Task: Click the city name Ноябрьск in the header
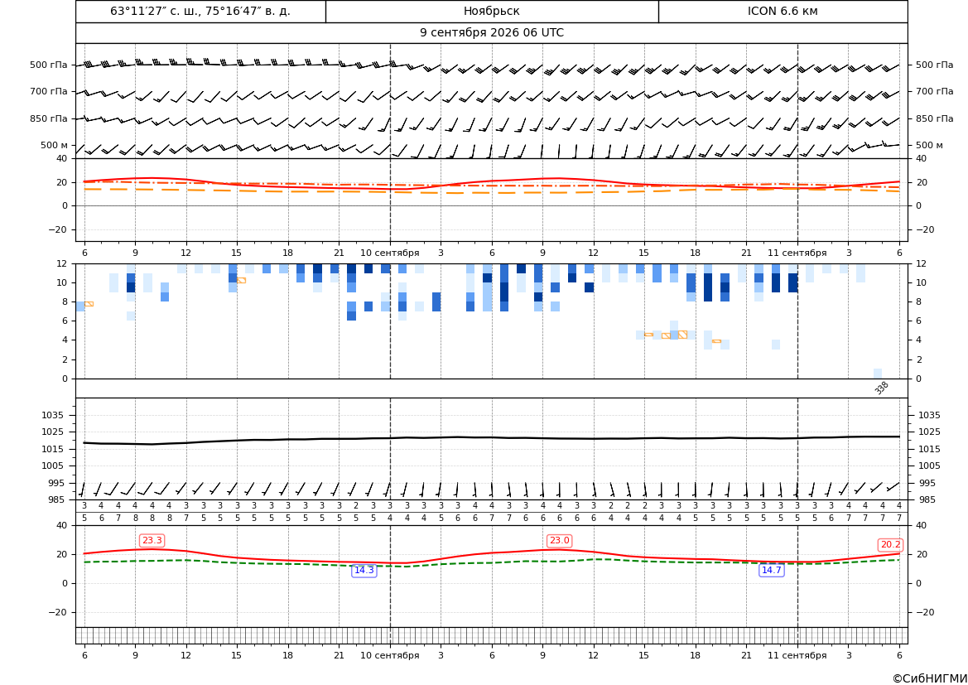point(491,11)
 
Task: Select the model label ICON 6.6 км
point(783,11)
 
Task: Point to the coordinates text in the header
point(200,11)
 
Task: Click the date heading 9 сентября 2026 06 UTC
point(491,33)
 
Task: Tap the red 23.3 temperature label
point(152,541)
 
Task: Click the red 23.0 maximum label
point(559,541)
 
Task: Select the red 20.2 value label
point(890,545)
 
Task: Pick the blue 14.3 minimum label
point(364,570)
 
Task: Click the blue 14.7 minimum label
point(771,570)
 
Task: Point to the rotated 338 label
point(882,388)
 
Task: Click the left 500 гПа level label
point(49,65)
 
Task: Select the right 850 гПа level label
point(935,118)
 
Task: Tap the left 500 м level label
point(55,145)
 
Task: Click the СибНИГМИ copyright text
point(930,679)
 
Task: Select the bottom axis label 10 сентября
point(389,655)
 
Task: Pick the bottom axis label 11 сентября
point(797,655)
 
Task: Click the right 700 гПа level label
point(935,91)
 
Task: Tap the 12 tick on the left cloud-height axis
point(62,263)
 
